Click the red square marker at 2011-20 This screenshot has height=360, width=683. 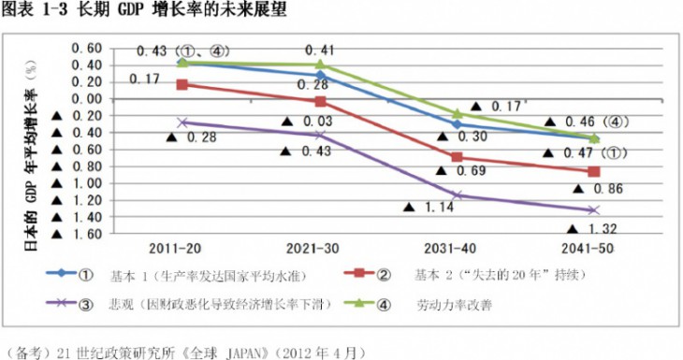click(182, 84)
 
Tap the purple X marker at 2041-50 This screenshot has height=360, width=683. click(594, 210)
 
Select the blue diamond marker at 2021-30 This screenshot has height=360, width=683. click(321, 76)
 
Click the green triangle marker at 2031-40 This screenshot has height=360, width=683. click(457, 114)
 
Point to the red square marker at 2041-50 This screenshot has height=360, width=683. click(594, 171)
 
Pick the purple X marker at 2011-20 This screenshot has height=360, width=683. click(182, 122)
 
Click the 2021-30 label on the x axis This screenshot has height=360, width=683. click(312, 249)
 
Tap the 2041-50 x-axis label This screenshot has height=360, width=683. click(588, 249)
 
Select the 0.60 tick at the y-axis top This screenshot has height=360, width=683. click(86, 49)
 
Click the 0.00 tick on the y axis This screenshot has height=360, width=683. click(86, 99)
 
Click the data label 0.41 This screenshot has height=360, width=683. click(320, 50)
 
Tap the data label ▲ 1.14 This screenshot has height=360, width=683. click(429, 208)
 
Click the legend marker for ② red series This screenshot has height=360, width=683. click(359, 273)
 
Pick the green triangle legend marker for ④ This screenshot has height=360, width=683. click(359, 303)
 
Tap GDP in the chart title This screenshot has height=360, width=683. click(132, 9)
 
